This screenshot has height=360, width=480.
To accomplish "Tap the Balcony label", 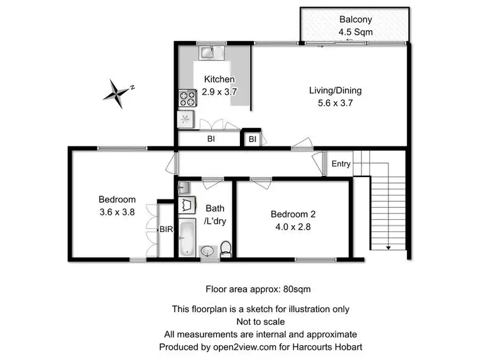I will [x=355, y=19].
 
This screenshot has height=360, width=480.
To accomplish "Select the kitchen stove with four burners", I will [x=188, y=98].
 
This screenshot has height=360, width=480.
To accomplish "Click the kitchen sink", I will [x=209, y=50].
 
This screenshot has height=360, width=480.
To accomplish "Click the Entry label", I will [x=341, y=164].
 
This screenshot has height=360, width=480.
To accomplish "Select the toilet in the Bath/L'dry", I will [x=226, y=249].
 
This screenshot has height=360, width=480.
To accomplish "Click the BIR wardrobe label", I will [x=165, y=228].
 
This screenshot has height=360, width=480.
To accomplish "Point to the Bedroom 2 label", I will [x=292, y=214].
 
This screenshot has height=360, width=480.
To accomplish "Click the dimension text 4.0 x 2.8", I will [x=292, y=226].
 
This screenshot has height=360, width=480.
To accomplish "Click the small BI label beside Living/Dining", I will [x=252, y=139].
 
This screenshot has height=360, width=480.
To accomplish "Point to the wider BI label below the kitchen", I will [x=210, y=139].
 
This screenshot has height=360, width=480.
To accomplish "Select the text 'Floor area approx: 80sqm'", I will [x=258, y=288].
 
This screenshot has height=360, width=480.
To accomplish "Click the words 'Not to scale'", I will [x=260, y=322].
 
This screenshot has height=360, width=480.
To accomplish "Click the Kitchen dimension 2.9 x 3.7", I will [x=220, y=91].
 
